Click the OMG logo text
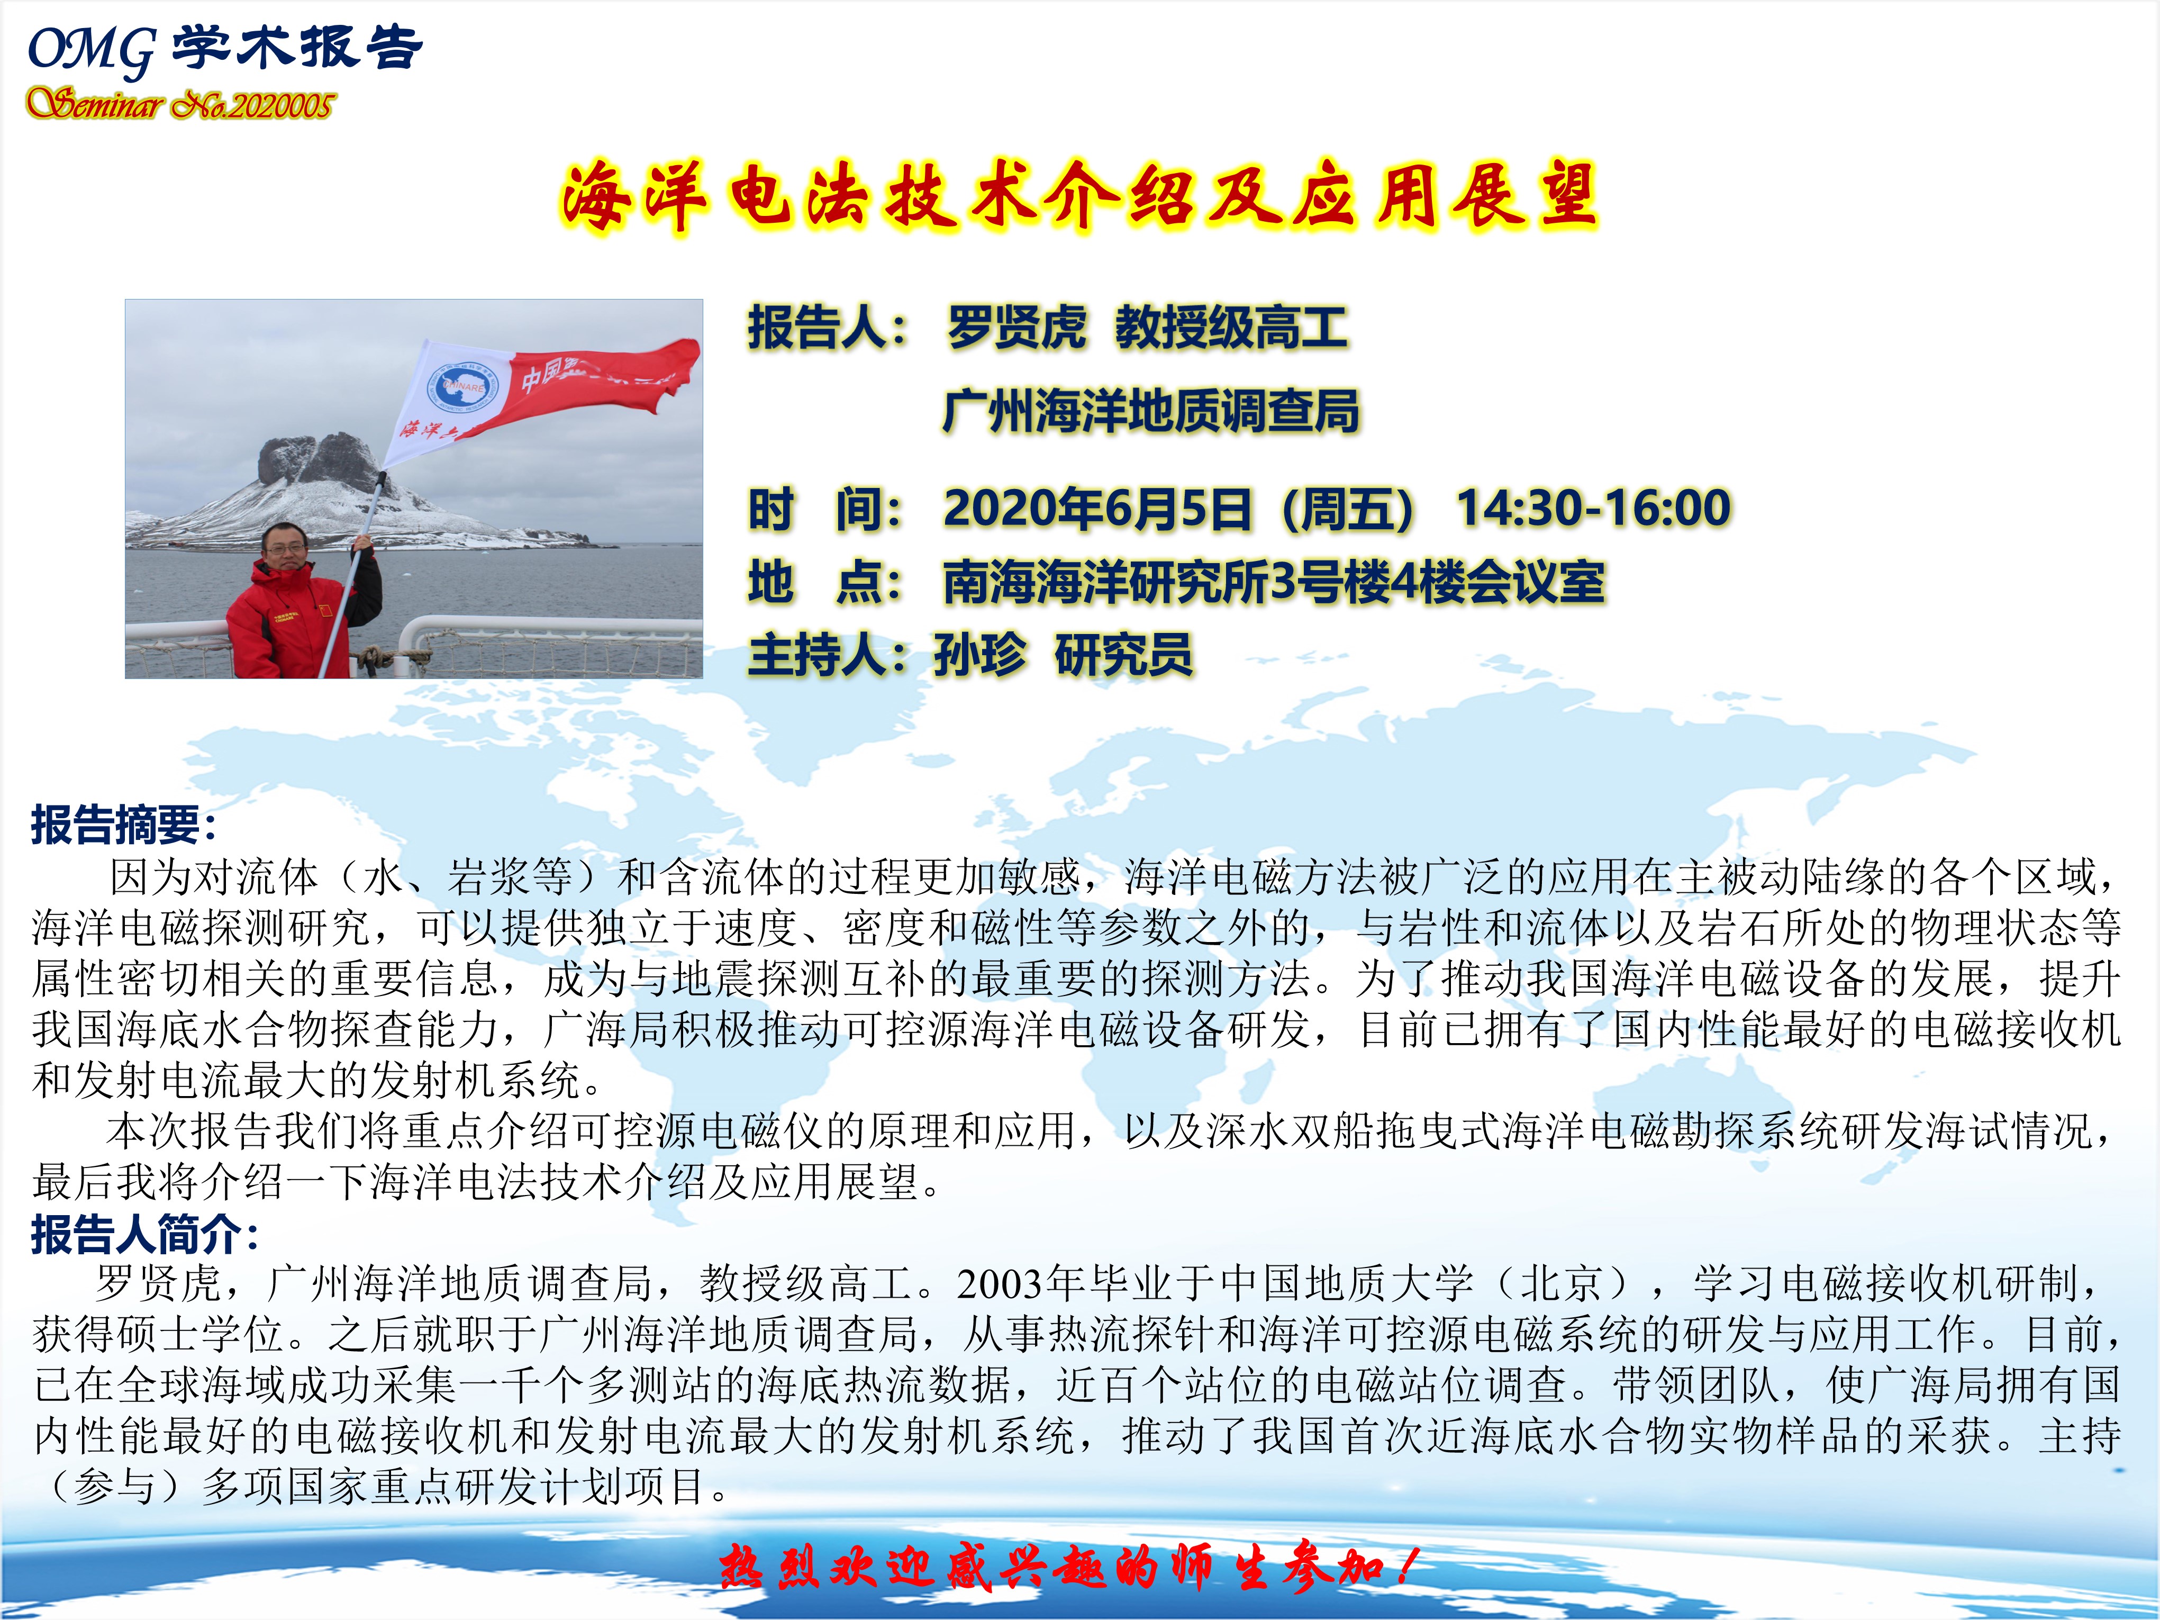click(91, 49)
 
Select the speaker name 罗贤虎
click(1015, 327)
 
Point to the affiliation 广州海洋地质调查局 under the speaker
click(1150, 410)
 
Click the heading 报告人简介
click(144, 1234)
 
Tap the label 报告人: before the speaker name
click(828, 327)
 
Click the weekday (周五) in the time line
click(1349, 509)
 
